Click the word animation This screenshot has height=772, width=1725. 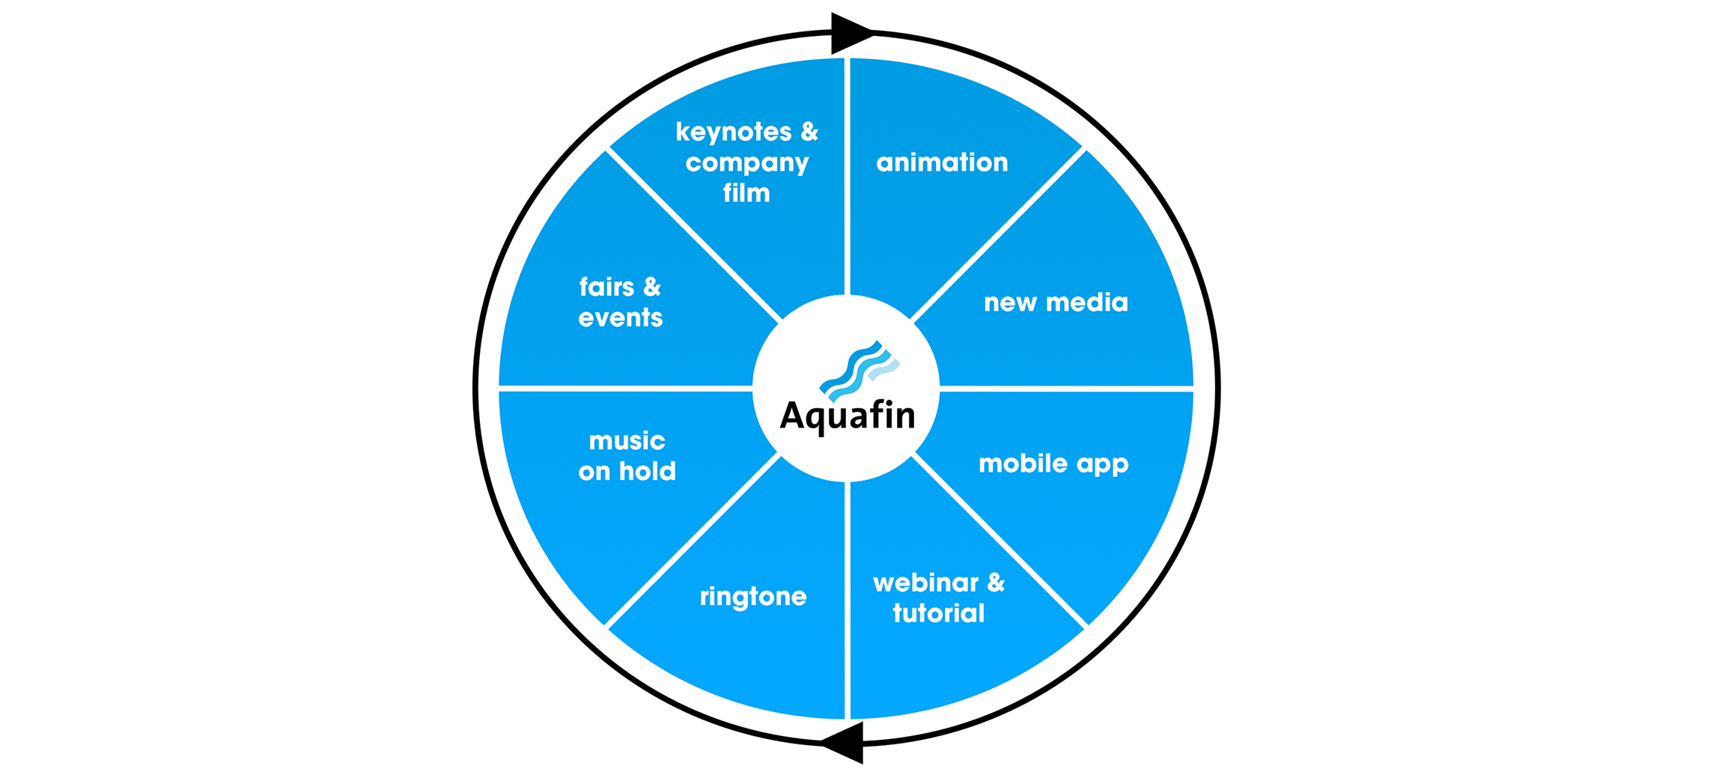(x=942, y=162)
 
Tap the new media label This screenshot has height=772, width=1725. (x=1056, y=303)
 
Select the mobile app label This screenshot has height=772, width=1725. (x=1053, y=464)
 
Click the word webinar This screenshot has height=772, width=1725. (x=926, y=583)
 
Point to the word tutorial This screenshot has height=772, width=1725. (x=939, y=613)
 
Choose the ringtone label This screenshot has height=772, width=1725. (x=753, y=597)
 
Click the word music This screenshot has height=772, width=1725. (x=627, y=441)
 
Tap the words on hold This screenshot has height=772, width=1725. (x=627, y=472)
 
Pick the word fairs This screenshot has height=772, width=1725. (x=606, y=287)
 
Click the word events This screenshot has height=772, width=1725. (x=621, y=318)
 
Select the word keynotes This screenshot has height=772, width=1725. (x=734, y=133)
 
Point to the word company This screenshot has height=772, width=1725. (x=747, y=163)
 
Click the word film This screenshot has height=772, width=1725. (x=746, y=193)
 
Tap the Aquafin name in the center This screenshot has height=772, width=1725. (x=848, y=416)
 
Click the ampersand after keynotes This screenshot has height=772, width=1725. (x=809, y=132)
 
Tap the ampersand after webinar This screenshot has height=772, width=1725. (x=996, y=583)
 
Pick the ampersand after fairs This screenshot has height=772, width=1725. (x=652, y=287)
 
